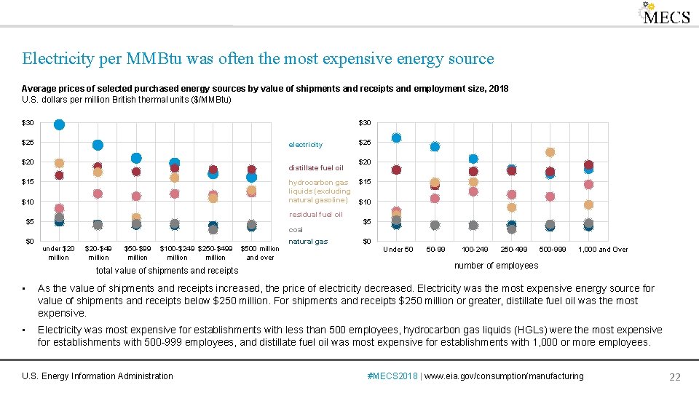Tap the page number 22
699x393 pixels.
674,377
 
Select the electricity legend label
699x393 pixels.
305,145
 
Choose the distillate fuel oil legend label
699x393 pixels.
316,168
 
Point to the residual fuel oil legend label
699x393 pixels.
315,215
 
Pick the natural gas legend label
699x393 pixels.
308,241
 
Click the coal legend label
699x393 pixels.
296,230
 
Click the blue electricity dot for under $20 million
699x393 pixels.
60,124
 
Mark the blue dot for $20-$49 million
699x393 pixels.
98,145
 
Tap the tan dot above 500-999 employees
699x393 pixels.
550,152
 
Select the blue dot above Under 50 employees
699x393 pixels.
396,138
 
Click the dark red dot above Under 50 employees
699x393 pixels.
396,170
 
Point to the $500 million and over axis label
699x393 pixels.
260,253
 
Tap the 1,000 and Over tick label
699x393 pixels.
603,250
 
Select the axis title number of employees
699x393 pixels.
496,266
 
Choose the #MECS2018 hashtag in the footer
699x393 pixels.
393,376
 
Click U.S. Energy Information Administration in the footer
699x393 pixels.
98,376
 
